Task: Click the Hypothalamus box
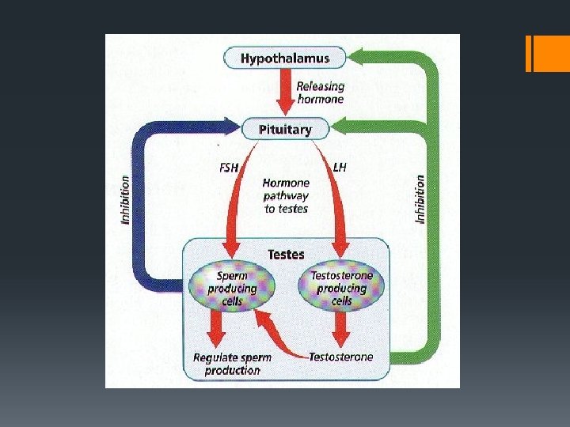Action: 286,58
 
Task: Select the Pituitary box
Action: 286,128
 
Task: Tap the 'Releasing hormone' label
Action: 320,93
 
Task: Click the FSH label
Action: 228,167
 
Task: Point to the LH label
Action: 340,167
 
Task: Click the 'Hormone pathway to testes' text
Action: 286,195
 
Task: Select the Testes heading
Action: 286,254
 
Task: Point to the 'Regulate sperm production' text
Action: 232,363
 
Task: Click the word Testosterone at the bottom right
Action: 341,357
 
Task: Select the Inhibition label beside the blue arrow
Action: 126,198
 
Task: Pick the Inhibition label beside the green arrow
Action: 420,198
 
